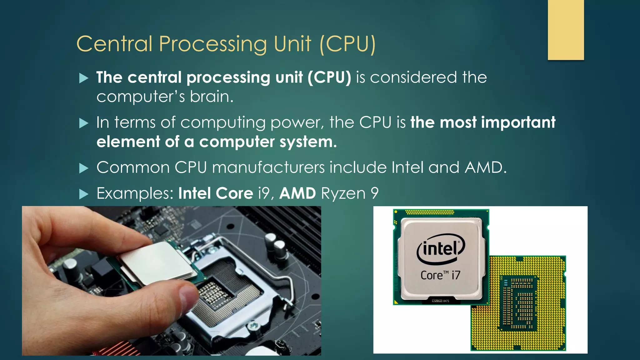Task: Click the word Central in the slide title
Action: [114, 44]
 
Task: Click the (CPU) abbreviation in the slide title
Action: [347, 44]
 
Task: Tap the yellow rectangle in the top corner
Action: [566, 30]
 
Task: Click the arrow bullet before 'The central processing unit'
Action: [84, 78]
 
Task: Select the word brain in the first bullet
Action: [212, 97]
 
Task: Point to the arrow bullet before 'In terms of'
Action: [84, 123]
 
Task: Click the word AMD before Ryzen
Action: [297, 193]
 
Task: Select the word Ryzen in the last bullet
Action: [343, 194]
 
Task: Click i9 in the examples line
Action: [264, 193]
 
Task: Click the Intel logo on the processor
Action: [441, 249]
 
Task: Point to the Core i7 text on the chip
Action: [440, 275]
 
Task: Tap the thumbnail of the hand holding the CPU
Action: [171, 281]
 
